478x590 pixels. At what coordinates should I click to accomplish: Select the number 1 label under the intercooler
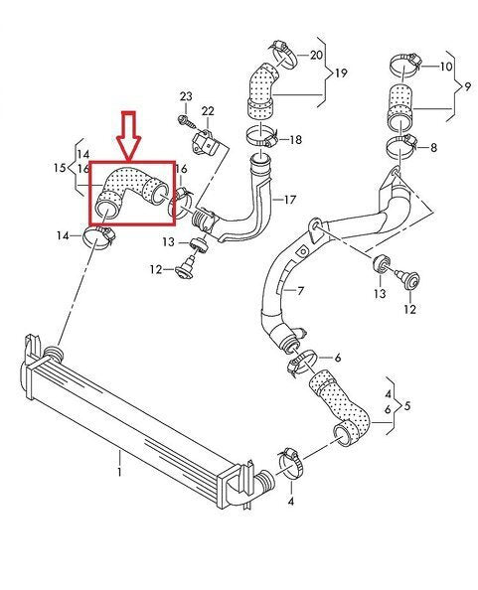point(120,459)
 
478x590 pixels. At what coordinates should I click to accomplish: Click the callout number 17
point(290,199)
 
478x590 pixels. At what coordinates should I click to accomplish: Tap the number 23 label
point(185,95)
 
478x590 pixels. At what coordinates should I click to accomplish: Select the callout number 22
point(208,109)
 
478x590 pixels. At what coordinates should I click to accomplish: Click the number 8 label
point(432,147)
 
